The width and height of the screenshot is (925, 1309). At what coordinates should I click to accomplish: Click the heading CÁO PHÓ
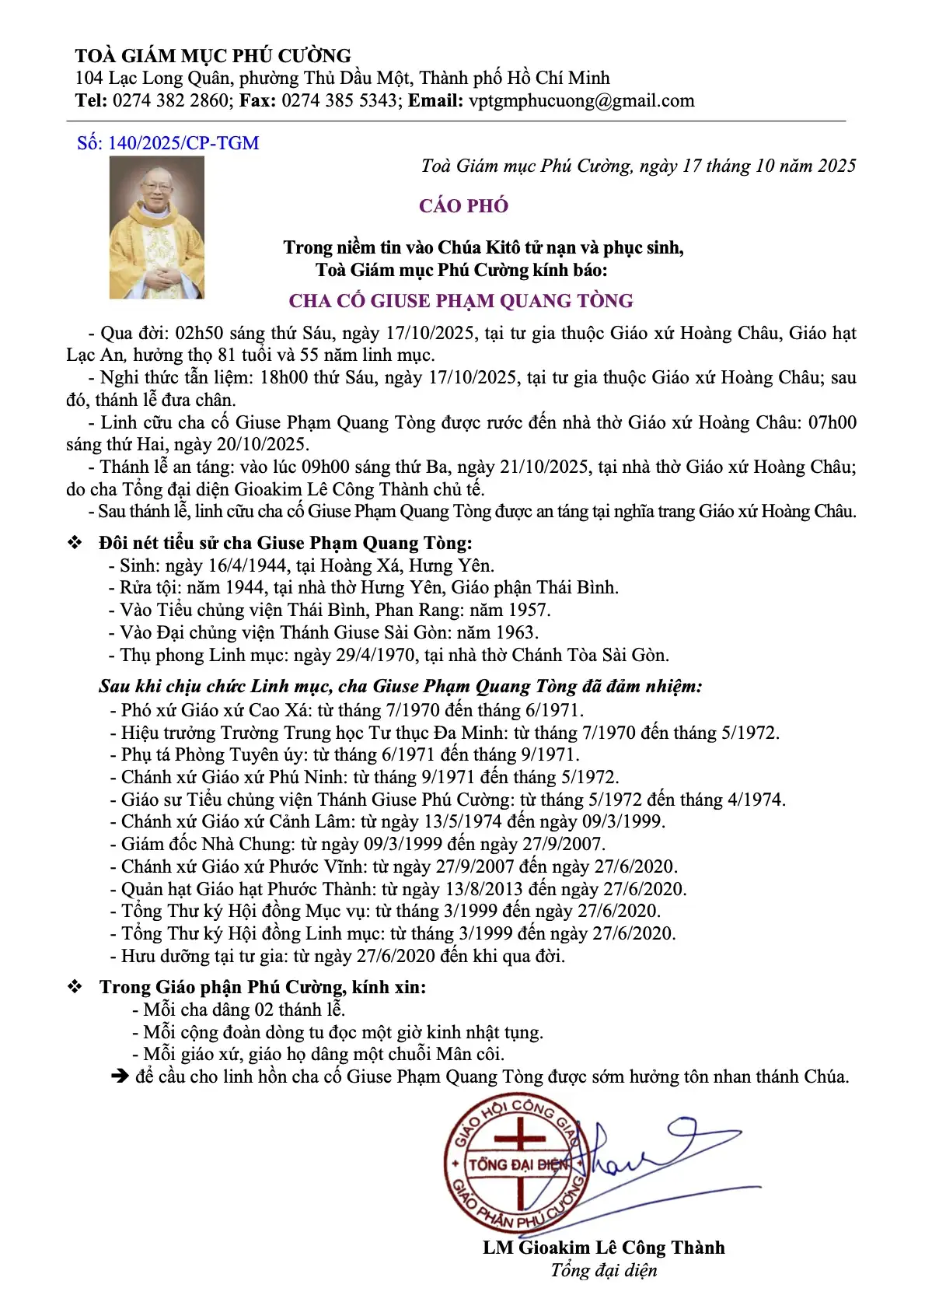pos(463,206)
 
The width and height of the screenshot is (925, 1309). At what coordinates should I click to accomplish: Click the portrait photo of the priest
pos(157,228)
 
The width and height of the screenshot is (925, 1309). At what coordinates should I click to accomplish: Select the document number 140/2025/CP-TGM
pos(183,143)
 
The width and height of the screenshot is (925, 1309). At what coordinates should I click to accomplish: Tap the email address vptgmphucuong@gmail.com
pos(581,100)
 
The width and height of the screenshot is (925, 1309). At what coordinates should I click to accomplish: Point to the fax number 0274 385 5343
pos(339,100)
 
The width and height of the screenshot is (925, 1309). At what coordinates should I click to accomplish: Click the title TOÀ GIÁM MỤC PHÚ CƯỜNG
pos(213,56)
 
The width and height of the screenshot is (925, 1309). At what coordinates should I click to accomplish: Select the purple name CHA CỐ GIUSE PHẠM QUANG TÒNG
pos(461,301)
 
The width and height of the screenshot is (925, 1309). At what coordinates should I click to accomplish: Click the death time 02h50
pos(199,334)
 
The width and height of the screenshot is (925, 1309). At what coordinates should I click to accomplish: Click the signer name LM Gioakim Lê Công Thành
pos(603,1248)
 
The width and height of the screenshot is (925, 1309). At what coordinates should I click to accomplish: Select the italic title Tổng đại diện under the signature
pos(603,1270)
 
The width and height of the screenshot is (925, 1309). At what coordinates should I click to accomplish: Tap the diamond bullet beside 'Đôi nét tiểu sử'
pos(75,543)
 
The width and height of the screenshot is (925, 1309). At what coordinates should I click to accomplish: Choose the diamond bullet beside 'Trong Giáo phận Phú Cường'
pos(75,987)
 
